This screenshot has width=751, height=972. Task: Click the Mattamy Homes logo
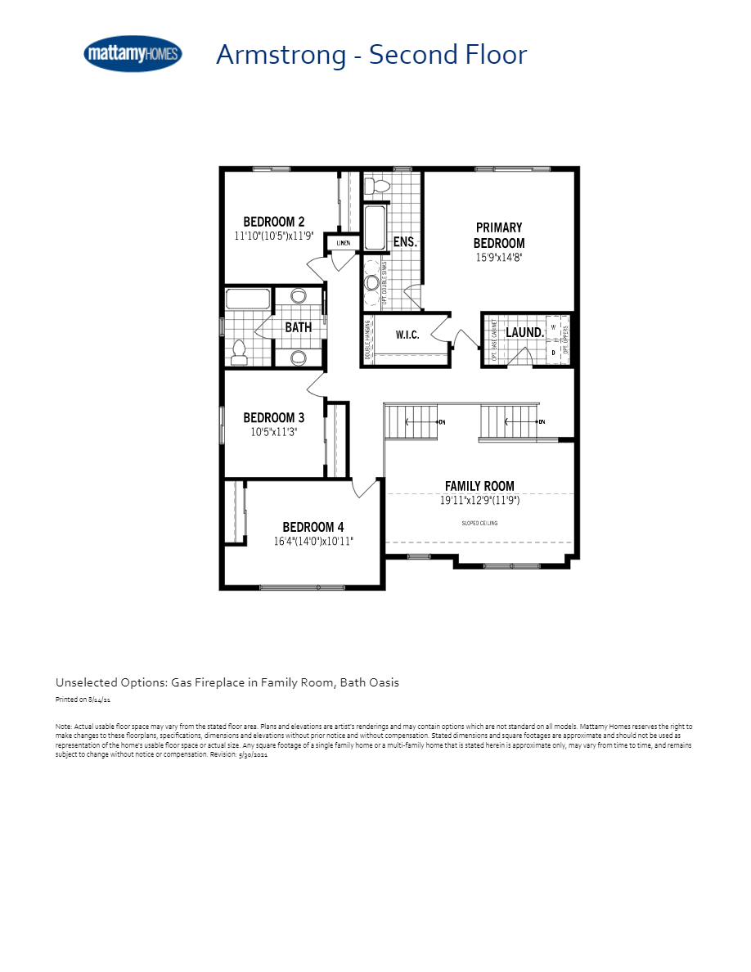coord(133,54)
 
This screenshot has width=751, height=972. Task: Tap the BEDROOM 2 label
coord(274,222)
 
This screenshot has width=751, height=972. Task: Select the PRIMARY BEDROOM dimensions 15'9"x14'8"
coord(499,257)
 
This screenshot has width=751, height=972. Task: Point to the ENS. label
coord(405,242)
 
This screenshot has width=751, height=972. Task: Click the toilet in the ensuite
coord(377,186)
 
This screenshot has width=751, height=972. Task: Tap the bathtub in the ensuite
coord(375,227)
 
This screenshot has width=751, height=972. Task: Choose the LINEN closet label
coord(343,243)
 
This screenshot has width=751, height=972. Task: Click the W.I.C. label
coord(407,335)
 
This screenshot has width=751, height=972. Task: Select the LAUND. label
coord(524,332)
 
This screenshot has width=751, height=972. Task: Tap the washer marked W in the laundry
coord(553,326)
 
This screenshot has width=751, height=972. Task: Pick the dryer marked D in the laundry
coord(553,352)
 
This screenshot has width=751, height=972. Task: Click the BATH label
coord(298,327)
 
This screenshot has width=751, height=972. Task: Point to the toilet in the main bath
coord(239,352)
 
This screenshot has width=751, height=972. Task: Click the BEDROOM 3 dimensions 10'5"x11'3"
coord(274,432)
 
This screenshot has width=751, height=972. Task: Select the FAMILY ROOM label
coord(479,486)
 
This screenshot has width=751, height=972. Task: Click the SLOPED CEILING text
coord(479,523)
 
